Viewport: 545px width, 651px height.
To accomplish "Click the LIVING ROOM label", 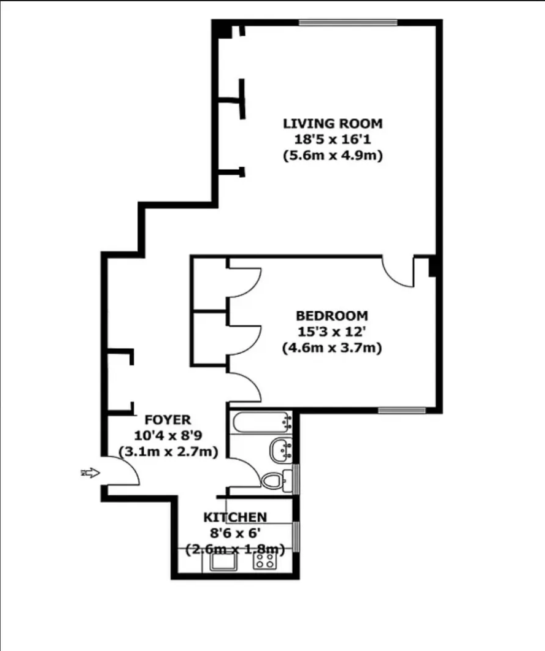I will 332,123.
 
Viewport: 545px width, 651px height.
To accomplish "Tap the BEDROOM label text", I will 331,316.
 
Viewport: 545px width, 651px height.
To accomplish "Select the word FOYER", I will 168,420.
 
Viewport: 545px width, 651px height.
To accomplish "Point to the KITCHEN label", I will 235,517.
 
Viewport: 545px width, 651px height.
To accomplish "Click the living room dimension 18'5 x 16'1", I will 332,139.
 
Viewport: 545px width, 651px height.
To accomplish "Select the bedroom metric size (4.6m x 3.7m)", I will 331,348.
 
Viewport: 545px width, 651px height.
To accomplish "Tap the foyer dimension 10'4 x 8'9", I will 168,436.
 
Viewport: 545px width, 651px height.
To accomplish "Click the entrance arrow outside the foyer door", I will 90,473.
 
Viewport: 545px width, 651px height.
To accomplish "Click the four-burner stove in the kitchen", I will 265,560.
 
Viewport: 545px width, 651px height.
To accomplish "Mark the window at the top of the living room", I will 348,23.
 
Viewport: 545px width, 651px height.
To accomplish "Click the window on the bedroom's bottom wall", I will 401,409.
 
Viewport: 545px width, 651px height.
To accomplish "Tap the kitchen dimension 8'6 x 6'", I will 235,533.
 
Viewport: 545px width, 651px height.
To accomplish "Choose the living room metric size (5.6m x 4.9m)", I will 332,156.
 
